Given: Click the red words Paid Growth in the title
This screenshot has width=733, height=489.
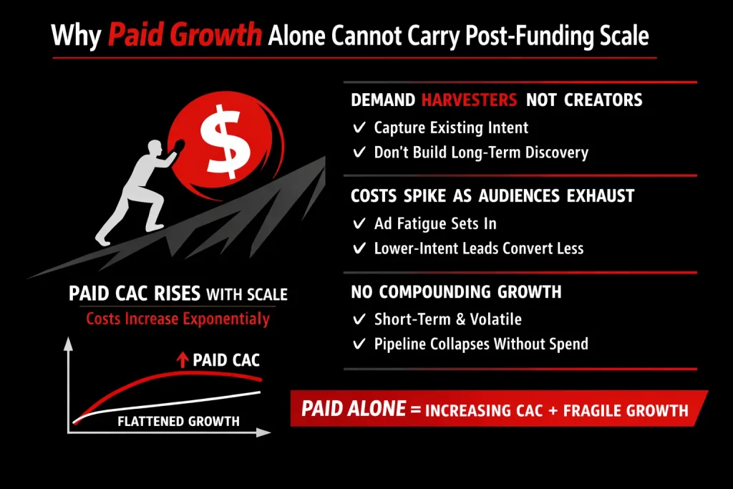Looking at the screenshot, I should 184,37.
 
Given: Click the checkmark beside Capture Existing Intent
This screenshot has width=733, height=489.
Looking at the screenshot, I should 360,128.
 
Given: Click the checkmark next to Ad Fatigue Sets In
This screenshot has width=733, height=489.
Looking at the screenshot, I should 360,224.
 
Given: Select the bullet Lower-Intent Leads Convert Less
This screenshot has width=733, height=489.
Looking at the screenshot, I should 478,248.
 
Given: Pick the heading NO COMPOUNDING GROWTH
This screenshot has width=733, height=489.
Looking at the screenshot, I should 456,292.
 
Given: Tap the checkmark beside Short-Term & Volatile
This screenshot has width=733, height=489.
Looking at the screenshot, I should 360,319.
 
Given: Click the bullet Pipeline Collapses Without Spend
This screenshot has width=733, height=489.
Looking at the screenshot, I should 480,344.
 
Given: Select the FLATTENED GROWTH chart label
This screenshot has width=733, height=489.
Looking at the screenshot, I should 178,421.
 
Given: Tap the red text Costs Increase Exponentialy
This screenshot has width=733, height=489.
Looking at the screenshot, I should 178,319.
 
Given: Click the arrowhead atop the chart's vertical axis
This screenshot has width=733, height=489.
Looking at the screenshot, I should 69,343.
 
